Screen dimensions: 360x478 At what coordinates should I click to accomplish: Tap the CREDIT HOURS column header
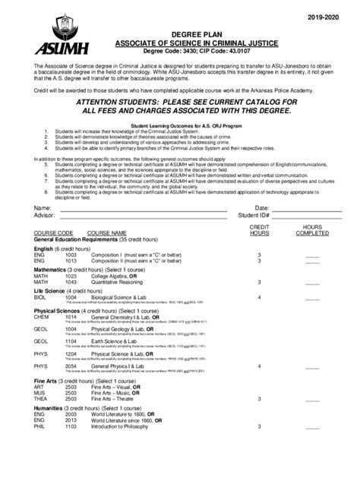259,229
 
